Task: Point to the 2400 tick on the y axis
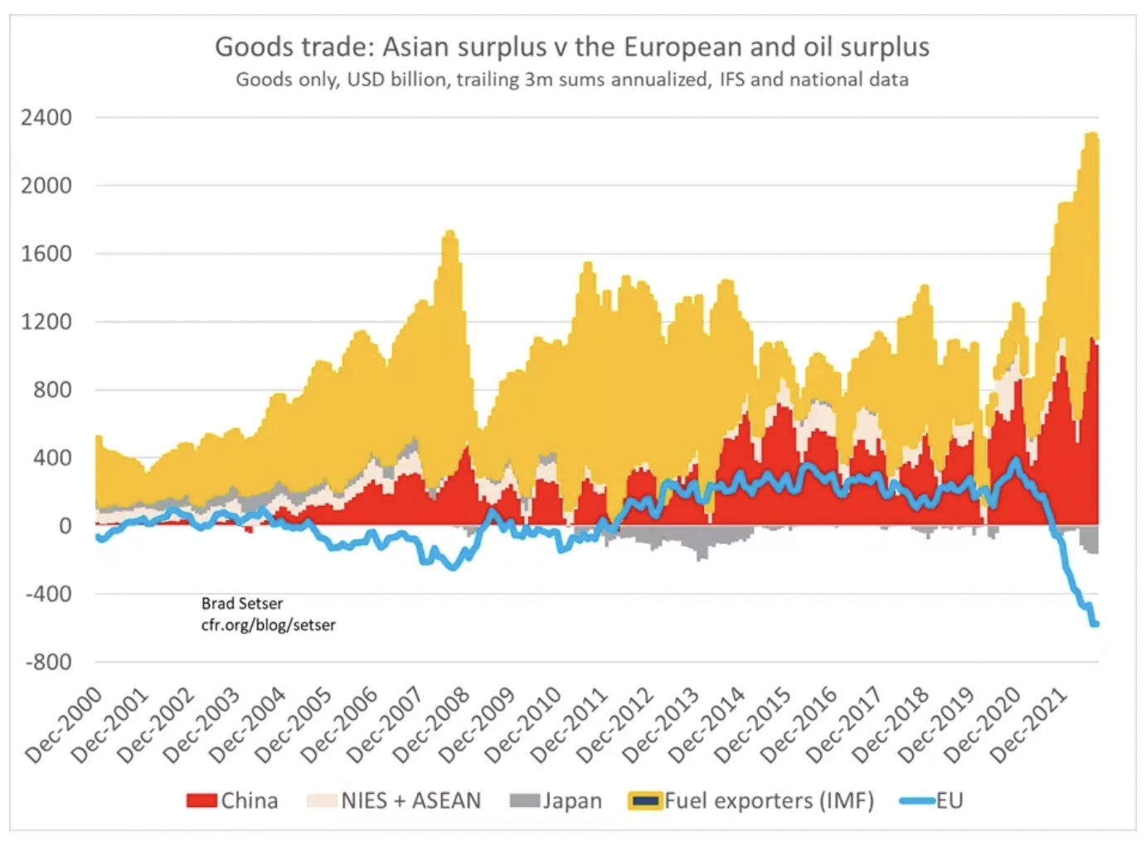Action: coord(46,118)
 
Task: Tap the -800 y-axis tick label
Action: coord(48,662)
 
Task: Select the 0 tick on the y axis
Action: coord(65,526)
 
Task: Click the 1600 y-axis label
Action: coord(46,254)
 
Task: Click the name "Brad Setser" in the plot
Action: coord(241,604)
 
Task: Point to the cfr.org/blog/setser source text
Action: coord(268,625)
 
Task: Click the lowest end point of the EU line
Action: coord(1095,624)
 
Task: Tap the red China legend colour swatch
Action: coord(202,800)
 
